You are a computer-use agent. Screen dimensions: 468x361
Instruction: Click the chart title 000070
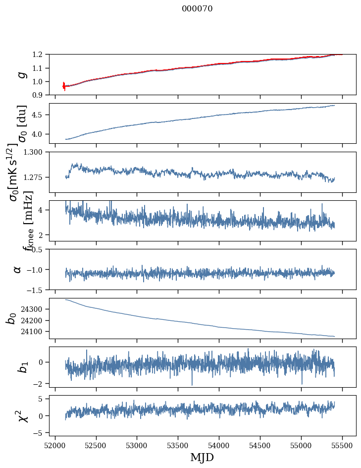click(197, 8)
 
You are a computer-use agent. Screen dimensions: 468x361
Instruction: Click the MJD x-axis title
click(202, 458)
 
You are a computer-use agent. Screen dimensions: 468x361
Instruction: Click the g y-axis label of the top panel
click(21, 74)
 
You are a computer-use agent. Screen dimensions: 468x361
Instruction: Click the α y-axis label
click(18, 269)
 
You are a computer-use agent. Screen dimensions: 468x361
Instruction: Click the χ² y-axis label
click(22, 415)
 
